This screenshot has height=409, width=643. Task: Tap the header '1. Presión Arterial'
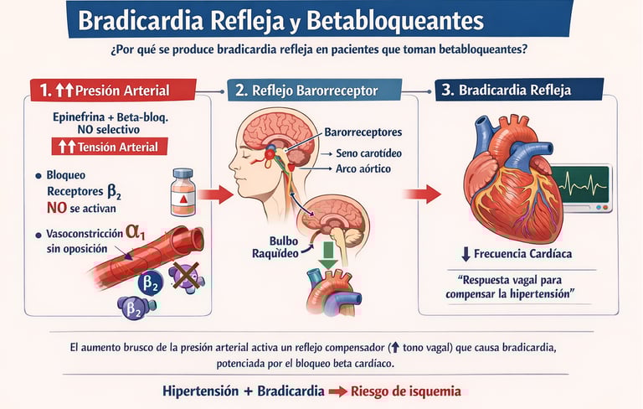tap(112, 90)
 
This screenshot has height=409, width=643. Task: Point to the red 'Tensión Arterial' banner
tap(109, 147)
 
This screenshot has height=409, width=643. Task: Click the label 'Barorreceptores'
tap(365, 133)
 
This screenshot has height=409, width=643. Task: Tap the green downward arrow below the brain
tap(327, 255)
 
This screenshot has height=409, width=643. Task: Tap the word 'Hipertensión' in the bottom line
tap(205, 391)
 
